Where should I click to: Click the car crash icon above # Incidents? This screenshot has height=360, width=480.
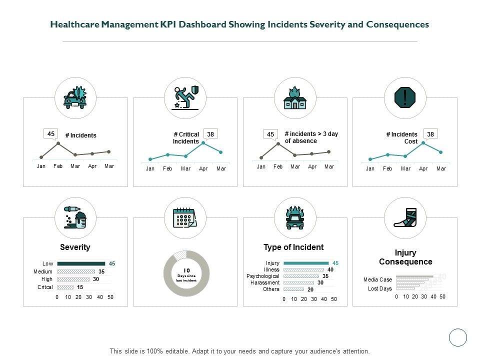click(x=75, y=97)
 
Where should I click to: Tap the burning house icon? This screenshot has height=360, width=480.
click(x=295, y=98)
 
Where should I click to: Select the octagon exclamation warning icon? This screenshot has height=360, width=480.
click(x=405, y=97)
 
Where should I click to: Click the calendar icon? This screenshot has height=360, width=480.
click(x=185, y=218)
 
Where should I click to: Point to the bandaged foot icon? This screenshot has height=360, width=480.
click(x=405, y=217)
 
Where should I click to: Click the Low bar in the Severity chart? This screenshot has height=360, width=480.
click(x=81, y=263)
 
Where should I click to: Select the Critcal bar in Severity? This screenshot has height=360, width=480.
click(x=65, y=287)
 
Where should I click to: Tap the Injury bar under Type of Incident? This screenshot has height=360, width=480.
click(x=306, y=263)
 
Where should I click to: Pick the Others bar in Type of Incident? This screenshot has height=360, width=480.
click(x=293, y=289)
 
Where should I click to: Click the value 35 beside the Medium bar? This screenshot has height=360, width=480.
click(x=101, y=271)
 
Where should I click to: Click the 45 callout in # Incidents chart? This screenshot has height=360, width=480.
click(x=51, y=133)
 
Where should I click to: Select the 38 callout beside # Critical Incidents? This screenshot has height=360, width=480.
click(x=210, y=134)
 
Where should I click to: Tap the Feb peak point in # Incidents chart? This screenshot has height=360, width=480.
click(x=58, y=143)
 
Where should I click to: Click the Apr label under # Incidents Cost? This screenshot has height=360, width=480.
click(x=423, y=169)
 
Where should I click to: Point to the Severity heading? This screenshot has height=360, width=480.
click(x=75, y=247)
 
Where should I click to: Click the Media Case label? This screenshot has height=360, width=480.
click(x=377, y=279)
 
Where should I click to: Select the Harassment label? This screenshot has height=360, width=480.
click(x=264, y=282)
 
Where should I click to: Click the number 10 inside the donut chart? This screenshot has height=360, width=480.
click(x=186, y=270)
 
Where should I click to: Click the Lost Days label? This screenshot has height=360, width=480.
click(x=380, y=288)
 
